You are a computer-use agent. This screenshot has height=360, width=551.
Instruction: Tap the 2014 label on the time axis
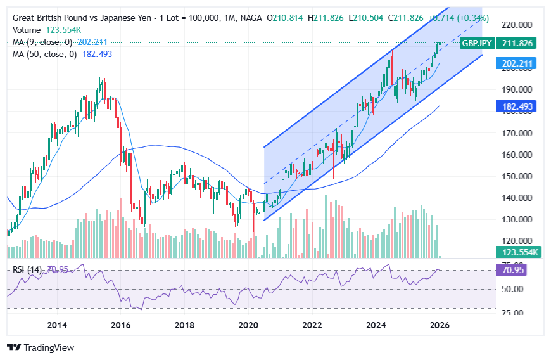click(58, 326)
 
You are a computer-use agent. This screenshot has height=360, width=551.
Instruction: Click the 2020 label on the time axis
click(248, 326)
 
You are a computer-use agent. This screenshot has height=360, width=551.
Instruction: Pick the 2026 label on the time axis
click(440, 326)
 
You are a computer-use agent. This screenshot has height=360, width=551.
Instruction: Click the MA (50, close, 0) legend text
click(44, 55)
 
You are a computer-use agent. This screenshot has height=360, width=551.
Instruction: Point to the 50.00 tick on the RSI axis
click(514, 289)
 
